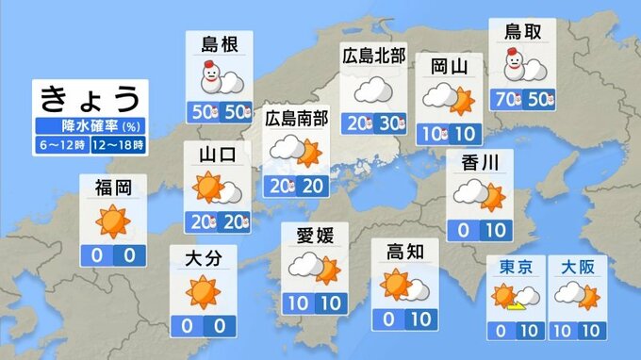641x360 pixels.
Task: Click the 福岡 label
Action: (x=112, y=187)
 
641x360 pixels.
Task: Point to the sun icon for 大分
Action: (x=202, y=292)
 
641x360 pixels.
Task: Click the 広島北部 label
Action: (x=372, y=57)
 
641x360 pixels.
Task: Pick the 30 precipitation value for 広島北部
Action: (x=389, y=122)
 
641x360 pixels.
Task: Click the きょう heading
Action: (x=91, y=99)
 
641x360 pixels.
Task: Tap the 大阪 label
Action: (x=576, y=268)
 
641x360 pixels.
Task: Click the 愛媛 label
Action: (x=315, y=234)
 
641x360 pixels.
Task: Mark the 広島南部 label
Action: (x=296, y=118)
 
